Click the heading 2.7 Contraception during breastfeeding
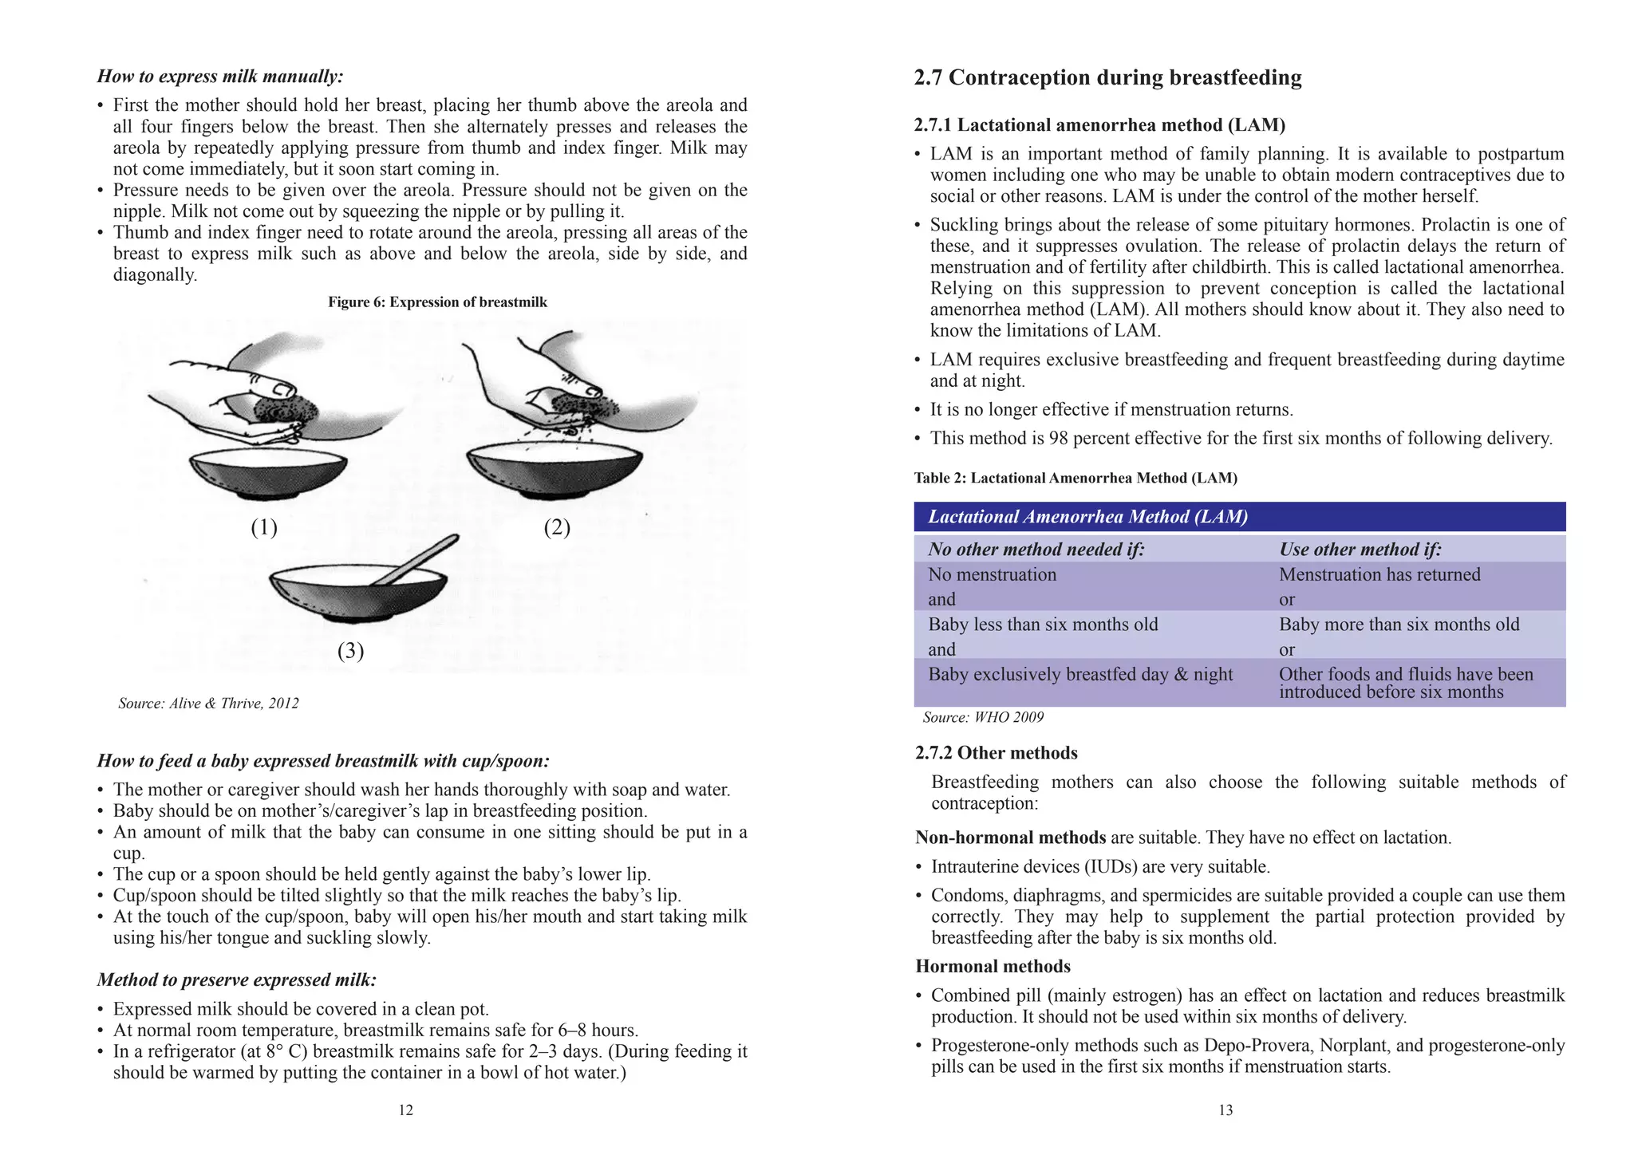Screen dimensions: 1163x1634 coord(1107,77)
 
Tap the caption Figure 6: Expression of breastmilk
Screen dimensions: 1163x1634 coord(437,302)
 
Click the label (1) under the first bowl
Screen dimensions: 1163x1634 coord(264,527)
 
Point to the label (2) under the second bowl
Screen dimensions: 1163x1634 coord(557,527)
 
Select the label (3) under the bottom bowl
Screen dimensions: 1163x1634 coord(350,651)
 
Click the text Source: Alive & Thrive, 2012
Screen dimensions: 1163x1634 coord(208,704)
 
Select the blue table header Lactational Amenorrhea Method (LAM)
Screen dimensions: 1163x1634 coord(1087,517)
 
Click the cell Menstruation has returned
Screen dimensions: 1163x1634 coord(1379,574)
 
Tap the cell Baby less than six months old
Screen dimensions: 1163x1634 coord(1042,625)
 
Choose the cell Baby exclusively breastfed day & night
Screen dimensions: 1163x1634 coord(1079,675)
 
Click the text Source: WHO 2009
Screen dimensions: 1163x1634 coord(982,717)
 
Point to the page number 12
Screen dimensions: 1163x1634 coord(405,1110)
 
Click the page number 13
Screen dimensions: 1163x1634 coord(1225,1110)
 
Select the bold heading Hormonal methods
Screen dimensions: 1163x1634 coord(993,967)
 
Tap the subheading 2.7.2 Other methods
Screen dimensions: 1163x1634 coord(996,753)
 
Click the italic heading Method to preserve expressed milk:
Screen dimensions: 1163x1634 coord(236,980)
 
